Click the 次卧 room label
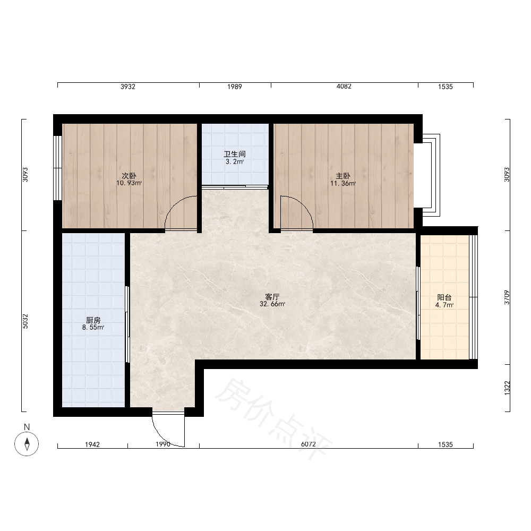pyautogui.click(x=129, y=176)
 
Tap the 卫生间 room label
pyautogui.click(x=234, y=154)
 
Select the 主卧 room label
pyautogui.click(x=342, y=176)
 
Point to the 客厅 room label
pyautogui.click(x=272, y=297)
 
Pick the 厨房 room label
pyautogui.click(x=93, y=320)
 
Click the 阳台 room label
pyautogui.click(x=444, y=297)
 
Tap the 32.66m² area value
pyautogui.click(x=272, y=304)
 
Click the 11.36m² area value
pyautogui.click(x=343, y=184)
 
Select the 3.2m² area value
pyautogui.click(x=235, y=161)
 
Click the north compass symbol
pyautogui.click(x=27, y=443)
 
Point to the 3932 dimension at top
pyautogui.click(x=127, y=87)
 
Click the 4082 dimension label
pyautogui.click(x=344, y=87)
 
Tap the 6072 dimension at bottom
pyautogui.click(x=308, y=444)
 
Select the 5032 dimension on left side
pyautogui.click(x=25, y=321)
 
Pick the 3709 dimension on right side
pyautogui.click(x=507, y=297)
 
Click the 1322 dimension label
pyautogui.click(x=507, y=388)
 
